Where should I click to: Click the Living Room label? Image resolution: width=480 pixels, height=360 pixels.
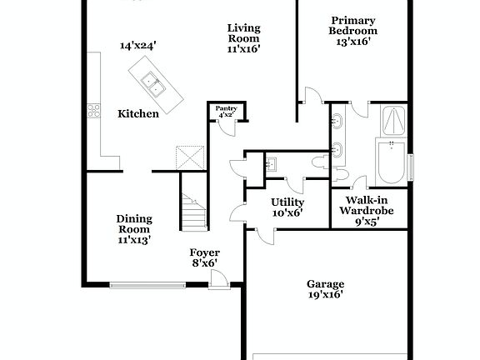tap(244, 37)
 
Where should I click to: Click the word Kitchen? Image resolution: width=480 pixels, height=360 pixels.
tap(137, 113)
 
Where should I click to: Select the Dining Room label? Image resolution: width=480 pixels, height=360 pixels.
tap(133, 229)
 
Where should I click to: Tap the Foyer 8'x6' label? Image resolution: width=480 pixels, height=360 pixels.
tap(204, 257)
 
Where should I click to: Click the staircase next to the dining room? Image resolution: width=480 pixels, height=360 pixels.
tap(192, 210)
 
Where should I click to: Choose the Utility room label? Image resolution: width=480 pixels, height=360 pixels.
tap(287, 207)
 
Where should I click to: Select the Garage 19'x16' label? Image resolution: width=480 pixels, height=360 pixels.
tap(325, 288)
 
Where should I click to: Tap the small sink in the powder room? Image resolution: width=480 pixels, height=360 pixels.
tap(272, 163)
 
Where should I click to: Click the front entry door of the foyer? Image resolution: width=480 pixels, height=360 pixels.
tap(218, 280)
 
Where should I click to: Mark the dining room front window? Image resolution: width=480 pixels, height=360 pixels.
tap(147, 286)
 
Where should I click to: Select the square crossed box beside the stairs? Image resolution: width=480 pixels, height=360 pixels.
tap(188, 157)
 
